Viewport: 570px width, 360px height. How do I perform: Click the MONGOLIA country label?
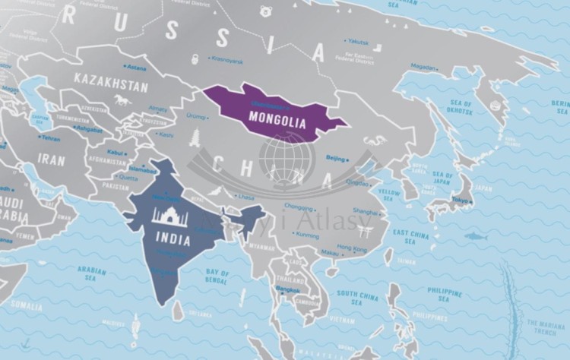coord(277,121)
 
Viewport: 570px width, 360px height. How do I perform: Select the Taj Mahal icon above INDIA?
coord(169,216)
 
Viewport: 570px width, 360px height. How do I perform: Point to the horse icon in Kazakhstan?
coord(122,99)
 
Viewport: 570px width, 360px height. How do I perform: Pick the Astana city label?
coord(138,68)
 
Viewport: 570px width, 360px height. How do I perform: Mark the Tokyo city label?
coord(459,201)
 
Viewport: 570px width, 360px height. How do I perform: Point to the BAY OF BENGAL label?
coord(217,276)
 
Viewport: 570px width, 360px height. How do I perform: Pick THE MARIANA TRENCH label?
coord(544,327)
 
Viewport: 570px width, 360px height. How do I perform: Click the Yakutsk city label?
coord(358,41)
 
